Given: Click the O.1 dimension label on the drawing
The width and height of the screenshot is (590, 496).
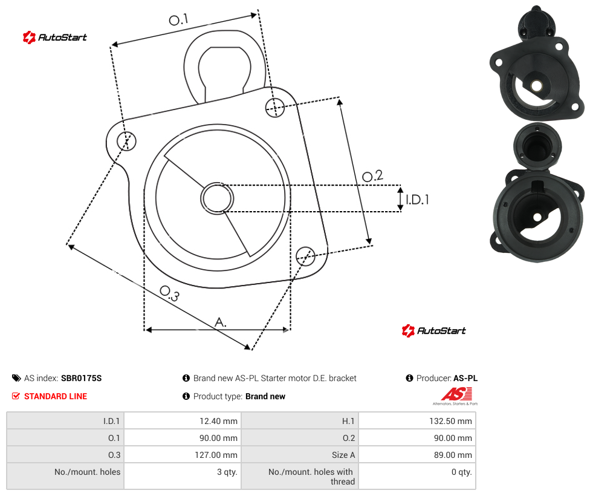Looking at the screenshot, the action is (x=178, y=19).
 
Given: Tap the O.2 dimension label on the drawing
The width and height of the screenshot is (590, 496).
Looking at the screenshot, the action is (x=372, y=176).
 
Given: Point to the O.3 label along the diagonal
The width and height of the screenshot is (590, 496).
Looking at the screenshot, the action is (x=170, y=293).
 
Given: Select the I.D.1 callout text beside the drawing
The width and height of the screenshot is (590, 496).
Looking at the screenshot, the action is (x=417, y=199).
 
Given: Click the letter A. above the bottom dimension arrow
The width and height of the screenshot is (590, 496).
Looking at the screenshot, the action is (x=221, y=322).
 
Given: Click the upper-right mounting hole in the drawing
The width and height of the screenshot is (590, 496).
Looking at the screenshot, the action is (x=275, y=108).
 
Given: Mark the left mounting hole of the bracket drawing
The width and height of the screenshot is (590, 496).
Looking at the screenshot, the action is (x=126, y=141).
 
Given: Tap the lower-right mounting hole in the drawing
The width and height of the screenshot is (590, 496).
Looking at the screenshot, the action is (x=305, y=256).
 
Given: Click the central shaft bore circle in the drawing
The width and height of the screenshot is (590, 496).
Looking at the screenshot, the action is (x=217, y=198).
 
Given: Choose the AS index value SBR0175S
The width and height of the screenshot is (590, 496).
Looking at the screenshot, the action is (x=81, y=378).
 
